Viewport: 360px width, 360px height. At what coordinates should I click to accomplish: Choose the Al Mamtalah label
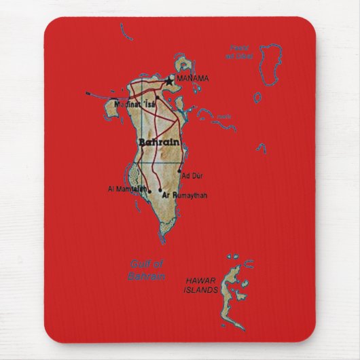click(x=127, y=188)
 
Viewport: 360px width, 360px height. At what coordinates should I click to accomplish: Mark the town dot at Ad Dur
click(x=180, y=171)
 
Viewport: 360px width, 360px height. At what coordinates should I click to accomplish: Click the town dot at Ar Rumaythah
click(x=159, y=191)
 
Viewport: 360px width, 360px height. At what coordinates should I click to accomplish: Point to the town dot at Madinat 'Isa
click(x=157, y=98)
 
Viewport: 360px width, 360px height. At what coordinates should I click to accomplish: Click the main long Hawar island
click(x=237, y=299)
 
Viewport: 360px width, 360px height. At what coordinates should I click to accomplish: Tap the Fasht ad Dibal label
click(x=241, y=52)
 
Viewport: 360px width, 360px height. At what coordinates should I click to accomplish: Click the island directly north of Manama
click(x=184, y=65)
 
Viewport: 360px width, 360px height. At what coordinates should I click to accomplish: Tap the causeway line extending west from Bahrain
click(x=102, y=92)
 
